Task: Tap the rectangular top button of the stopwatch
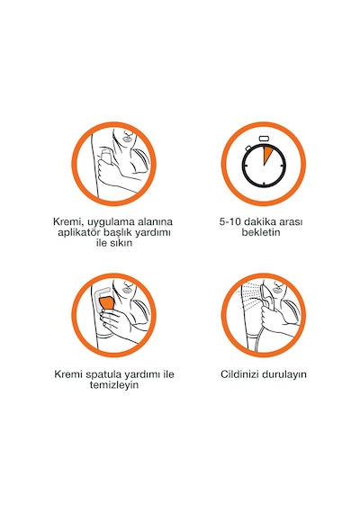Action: (x=264, y=139)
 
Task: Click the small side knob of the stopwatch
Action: (x=249, y=148)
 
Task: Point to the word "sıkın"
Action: (x=122, y=243)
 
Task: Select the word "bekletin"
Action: (x=261, y=232)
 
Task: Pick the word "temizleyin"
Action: (x=114, y=385)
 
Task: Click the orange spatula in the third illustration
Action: (x=107, y=303)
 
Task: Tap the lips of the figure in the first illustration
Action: (x=126, y=138)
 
